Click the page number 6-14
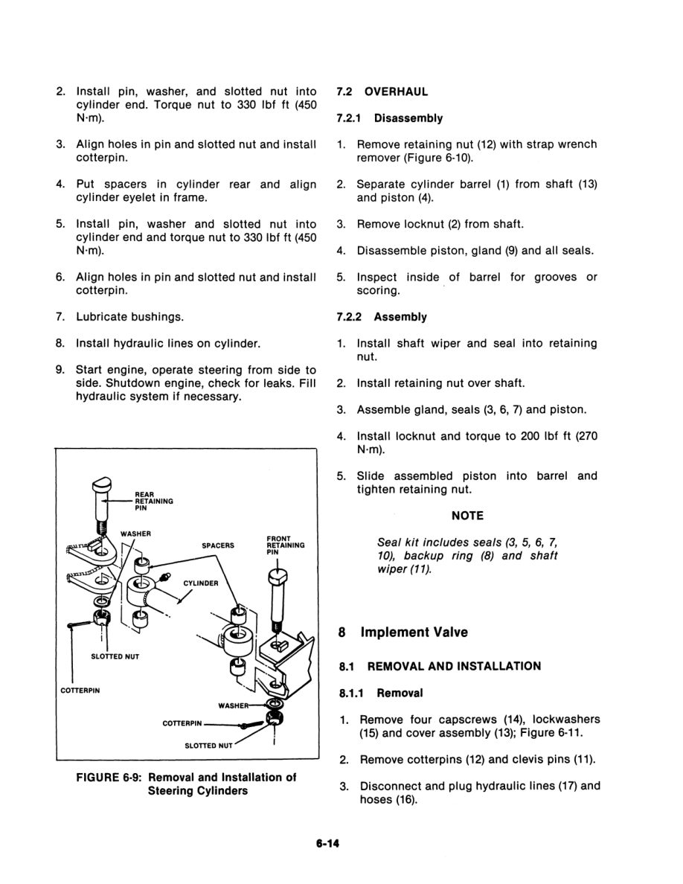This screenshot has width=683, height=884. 327,845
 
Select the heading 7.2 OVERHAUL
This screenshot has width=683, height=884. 382,92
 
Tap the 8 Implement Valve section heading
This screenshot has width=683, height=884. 403,632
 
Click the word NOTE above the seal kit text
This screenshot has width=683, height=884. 467,516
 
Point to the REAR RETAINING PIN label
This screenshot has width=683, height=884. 154,502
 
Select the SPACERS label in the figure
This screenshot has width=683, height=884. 218,545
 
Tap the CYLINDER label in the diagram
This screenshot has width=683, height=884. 201,583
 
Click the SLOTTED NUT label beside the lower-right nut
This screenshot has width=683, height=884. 209,745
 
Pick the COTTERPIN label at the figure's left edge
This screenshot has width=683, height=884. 80,689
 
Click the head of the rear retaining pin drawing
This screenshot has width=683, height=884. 99,489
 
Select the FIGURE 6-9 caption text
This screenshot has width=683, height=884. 187,784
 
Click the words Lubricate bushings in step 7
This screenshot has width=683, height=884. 130,317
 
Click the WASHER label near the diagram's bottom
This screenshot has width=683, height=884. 231,705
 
